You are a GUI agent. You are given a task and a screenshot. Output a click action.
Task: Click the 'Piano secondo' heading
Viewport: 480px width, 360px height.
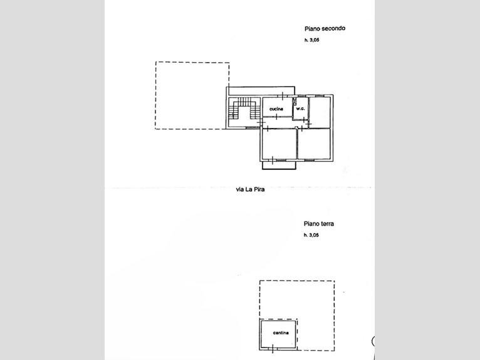point(325,28)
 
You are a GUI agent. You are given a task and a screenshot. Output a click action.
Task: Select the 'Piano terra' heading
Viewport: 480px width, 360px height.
point(319,224)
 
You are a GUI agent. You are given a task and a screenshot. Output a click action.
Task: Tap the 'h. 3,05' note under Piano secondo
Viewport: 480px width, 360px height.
point(311,40)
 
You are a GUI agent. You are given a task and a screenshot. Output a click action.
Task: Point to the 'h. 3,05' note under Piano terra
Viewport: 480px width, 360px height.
point(311,235)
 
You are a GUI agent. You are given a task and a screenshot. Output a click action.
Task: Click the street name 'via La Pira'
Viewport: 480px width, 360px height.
point(250,189)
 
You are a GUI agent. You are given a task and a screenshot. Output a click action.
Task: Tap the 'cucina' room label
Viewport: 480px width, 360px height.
point(276,109)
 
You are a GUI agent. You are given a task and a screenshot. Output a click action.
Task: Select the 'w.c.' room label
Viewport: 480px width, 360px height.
point(300,109)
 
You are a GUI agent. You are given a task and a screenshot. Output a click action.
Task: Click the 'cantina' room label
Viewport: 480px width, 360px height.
point(281,333)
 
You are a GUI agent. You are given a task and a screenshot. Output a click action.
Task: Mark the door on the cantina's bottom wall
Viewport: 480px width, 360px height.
point(273,349)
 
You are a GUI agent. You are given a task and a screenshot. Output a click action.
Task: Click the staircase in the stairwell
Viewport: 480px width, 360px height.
point(244,108)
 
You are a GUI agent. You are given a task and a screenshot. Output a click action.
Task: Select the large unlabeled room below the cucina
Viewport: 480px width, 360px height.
point(279,144)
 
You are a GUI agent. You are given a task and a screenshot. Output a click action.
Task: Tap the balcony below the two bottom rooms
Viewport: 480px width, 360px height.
point(279,165)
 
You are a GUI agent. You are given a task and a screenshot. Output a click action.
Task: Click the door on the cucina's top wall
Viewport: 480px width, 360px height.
point(283,96)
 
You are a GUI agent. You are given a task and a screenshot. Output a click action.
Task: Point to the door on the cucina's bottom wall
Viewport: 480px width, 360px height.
point(277,117)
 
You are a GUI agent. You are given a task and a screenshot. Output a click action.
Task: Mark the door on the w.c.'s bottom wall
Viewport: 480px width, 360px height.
point(303,120)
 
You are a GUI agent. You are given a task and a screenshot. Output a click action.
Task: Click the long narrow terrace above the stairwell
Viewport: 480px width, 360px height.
point(261,91)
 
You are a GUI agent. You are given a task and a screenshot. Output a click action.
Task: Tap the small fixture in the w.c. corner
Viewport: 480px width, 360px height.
point(295,102)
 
